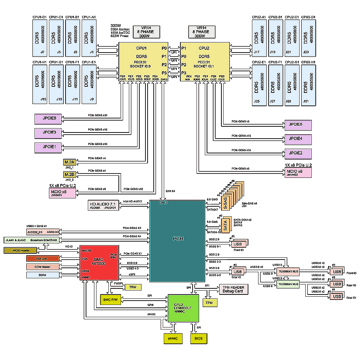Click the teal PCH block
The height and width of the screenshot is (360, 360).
pos(177,240)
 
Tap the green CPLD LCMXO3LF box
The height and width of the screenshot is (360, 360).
pos(184,308)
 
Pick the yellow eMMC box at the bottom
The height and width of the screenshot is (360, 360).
pos(173,339)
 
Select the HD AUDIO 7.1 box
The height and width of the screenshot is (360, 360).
pos(103,206)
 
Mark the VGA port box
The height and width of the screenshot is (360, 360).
pos(42,258)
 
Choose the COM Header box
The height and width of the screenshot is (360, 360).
pos(42,267)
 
